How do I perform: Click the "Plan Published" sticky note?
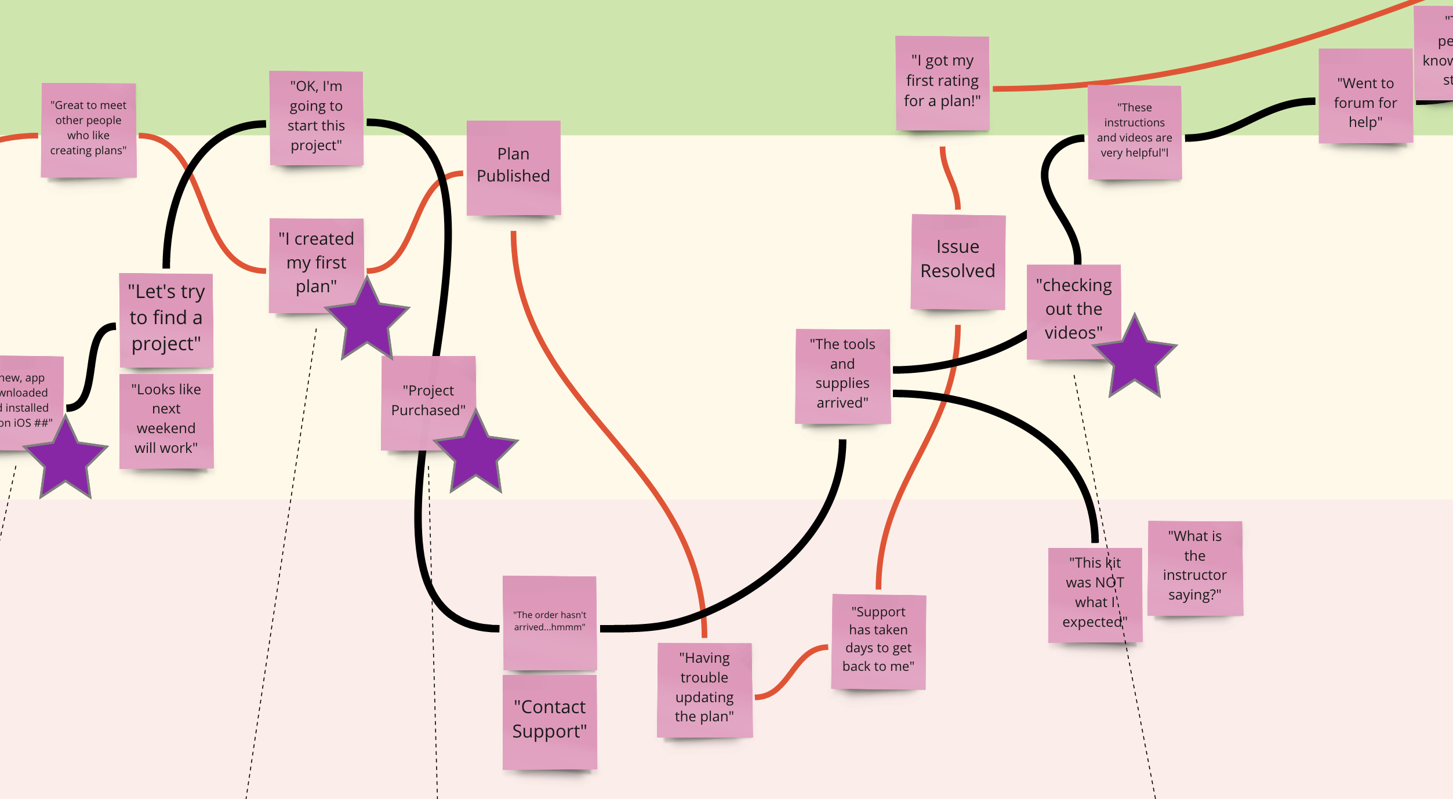pyautogui.click(x=513, y=167)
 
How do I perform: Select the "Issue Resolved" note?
pyautogui.click(x=957, y=261)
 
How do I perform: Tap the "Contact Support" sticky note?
pyautogui.click(x=549, y=721)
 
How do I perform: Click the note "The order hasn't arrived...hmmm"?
pyautogui.click(x=549, y=622)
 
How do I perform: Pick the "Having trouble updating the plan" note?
pyautogui.click(x=704, y=689)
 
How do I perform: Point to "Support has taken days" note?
pyautogui.click(x=878, y=641)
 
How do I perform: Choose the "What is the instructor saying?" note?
pyautogui.click(x=1194, y=567)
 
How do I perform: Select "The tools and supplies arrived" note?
pyautogui.click(x=842, y=375)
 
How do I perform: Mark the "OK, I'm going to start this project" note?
pyautogui.click(x=316, y=118)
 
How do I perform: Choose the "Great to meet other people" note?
pyautogui.click(x=88, y=129)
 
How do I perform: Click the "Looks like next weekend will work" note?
pyautogui.click(x=166, y=420)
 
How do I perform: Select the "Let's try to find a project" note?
pyautogui.click(x=166, y=319)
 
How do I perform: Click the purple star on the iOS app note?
pyautogui.click(x=66, y=459)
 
